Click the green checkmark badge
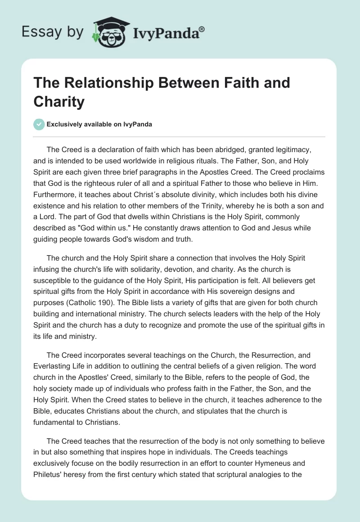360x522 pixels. pyautogui.click(x=39, y=124)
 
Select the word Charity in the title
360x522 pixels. pyautogui.click(x=59, y=102)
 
